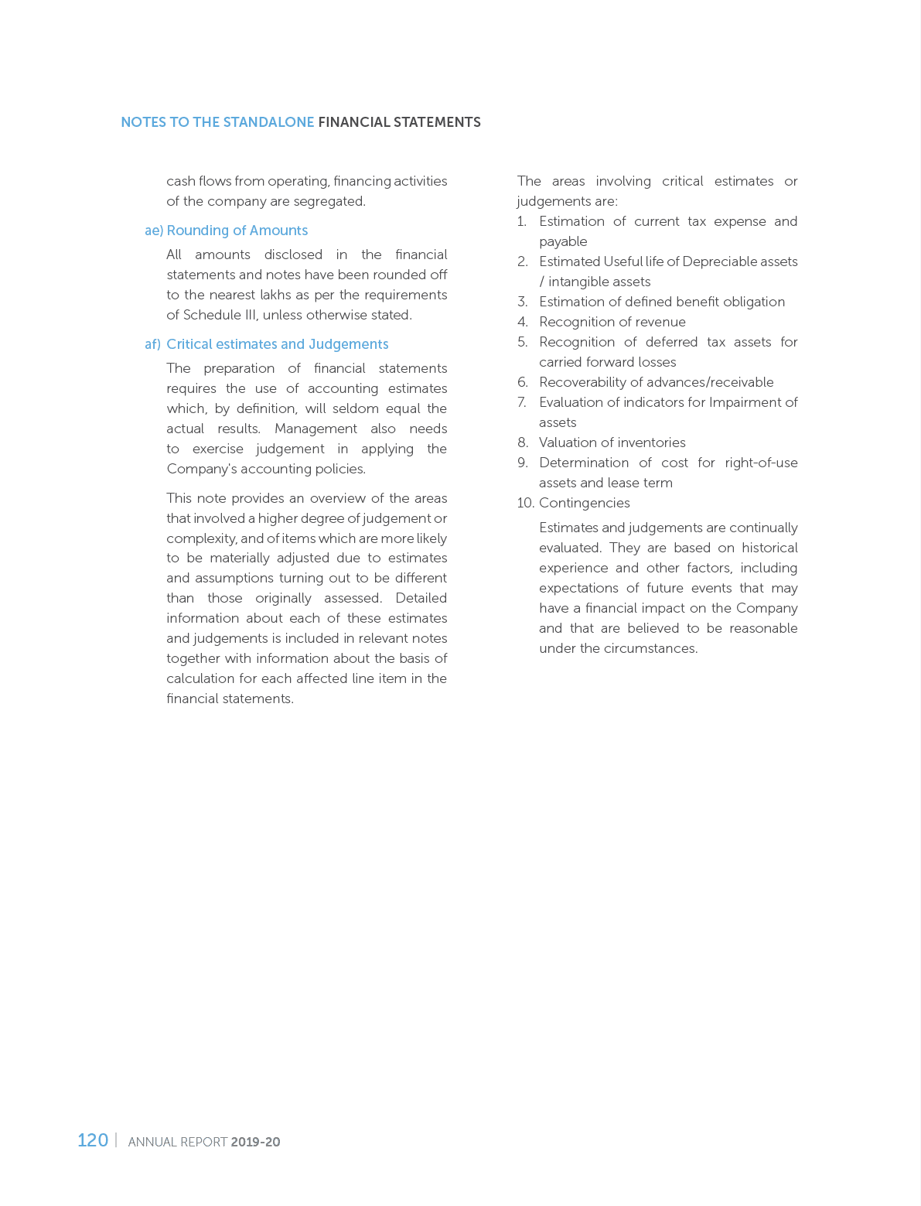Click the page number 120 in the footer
93,1140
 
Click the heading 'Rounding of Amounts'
237,231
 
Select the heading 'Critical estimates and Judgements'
277,344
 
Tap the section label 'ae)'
154,231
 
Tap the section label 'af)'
152,344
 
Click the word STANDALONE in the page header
268,122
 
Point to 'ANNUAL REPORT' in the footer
177,1142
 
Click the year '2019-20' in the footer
255,1142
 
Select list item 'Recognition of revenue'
612,322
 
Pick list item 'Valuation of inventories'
612,442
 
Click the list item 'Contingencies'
584,503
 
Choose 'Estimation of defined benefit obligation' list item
661,302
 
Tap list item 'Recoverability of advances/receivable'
656,382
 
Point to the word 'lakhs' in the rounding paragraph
298,295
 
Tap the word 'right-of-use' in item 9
761,463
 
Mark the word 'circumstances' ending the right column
657,648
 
